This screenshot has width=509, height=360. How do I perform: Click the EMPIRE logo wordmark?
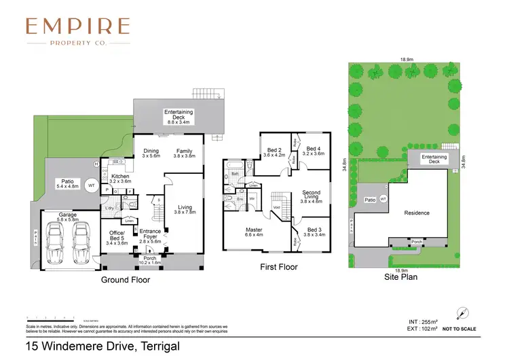(77, 26)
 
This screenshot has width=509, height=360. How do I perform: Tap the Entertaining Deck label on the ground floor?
(178, 117)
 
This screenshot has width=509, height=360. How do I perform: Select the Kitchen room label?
(120, 179)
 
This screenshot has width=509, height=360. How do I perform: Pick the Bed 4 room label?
(314, 151)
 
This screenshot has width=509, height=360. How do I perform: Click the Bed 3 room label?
(314, 232)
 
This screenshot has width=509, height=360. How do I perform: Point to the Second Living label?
(311, 197)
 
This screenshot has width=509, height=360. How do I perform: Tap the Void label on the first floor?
(276, 206)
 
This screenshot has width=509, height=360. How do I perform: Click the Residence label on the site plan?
(417, 213)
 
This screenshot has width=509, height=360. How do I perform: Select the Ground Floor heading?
(126, 279)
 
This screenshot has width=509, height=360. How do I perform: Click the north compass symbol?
(461, 312)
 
